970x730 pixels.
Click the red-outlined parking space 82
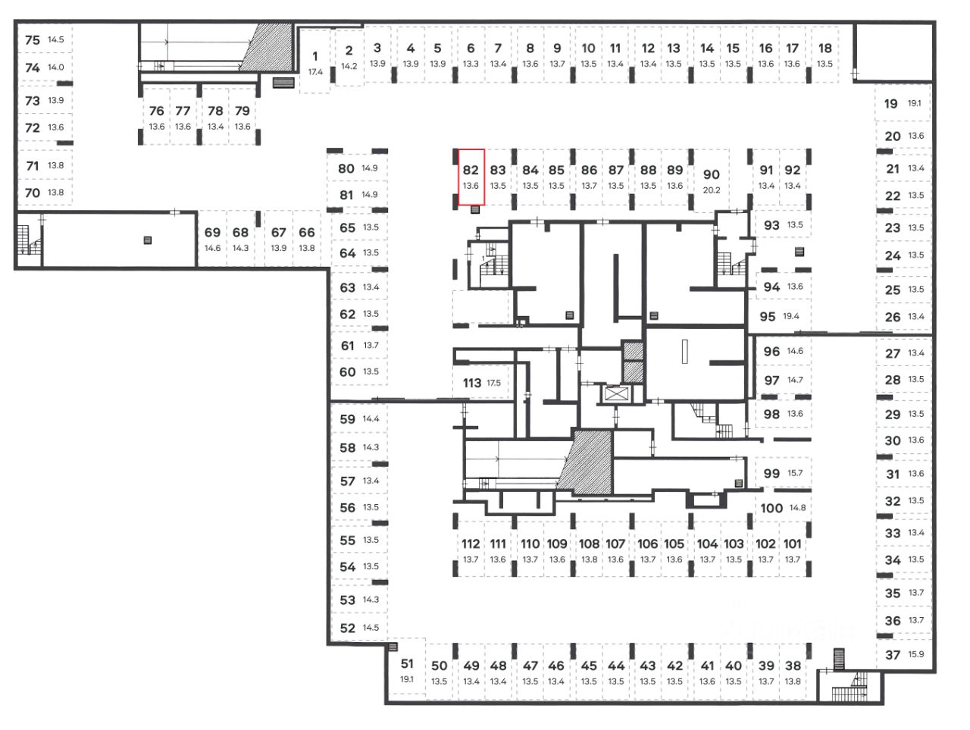471,177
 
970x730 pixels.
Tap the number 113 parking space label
471,383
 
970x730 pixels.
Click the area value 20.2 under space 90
711,190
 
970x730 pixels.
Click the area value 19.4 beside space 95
791,316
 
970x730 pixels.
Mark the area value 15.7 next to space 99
794,473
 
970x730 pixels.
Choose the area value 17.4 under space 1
315,72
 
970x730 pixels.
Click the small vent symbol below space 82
475,209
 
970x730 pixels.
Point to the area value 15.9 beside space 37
916,654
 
